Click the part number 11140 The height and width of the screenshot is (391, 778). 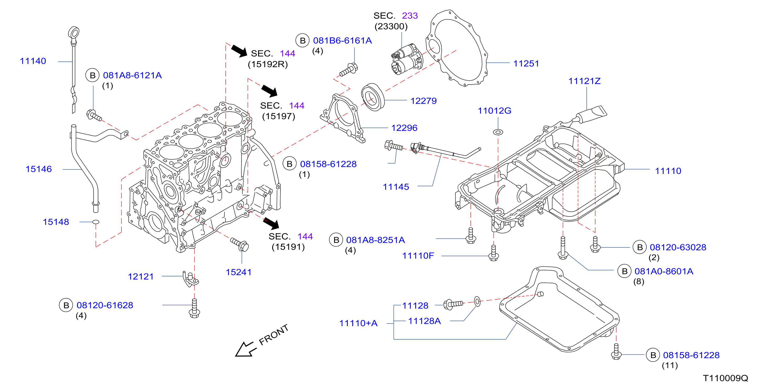tap(33, 61)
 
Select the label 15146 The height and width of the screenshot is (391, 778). tap(39, 169)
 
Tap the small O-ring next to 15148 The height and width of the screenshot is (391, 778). tap(96, 222)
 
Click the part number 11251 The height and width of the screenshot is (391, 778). tap(526, 63)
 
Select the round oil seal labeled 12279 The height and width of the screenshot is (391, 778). tap(373, 97)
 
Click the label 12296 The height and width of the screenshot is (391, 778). tap(404, 128)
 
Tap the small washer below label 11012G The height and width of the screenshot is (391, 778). tap(498, 132)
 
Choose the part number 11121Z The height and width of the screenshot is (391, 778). tap(584, 81)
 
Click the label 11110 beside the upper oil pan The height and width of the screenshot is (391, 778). tap(668, 171)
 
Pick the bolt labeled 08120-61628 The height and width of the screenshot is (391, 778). tap(194, 308)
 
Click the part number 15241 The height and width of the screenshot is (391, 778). tap(239, 272)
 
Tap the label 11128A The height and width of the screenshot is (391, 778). tap(424, 321)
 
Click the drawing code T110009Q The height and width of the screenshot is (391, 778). tap(725, 378)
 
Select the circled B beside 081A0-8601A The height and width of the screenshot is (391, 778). tap(625, 271)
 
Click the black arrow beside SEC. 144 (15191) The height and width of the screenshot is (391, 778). tap(271, 223)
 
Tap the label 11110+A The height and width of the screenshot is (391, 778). tap(358, 323)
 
